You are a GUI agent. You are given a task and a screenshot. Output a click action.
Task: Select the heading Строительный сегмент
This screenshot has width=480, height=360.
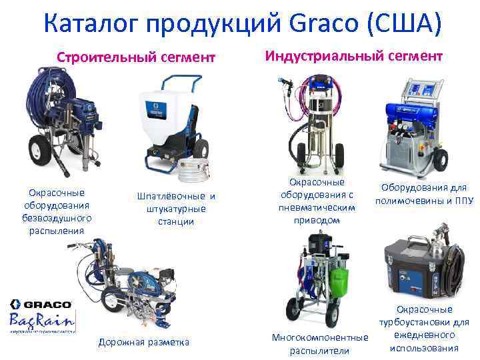click(x=137, y=57)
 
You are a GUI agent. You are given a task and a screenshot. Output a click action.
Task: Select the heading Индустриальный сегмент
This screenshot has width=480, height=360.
click(x=353, y=55)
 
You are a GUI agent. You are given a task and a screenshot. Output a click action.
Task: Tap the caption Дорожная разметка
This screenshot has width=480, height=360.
click(x=144, y=343)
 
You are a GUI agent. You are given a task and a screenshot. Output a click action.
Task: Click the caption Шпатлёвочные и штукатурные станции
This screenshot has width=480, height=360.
click(x=176, y=209)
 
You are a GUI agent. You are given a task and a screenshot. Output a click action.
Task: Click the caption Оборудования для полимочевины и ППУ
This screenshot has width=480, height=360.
click(x=423, y=194)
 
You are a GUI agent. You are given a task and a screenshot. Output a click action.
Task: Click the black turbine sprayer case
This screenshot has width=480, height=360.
click(x=407, y=267)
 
